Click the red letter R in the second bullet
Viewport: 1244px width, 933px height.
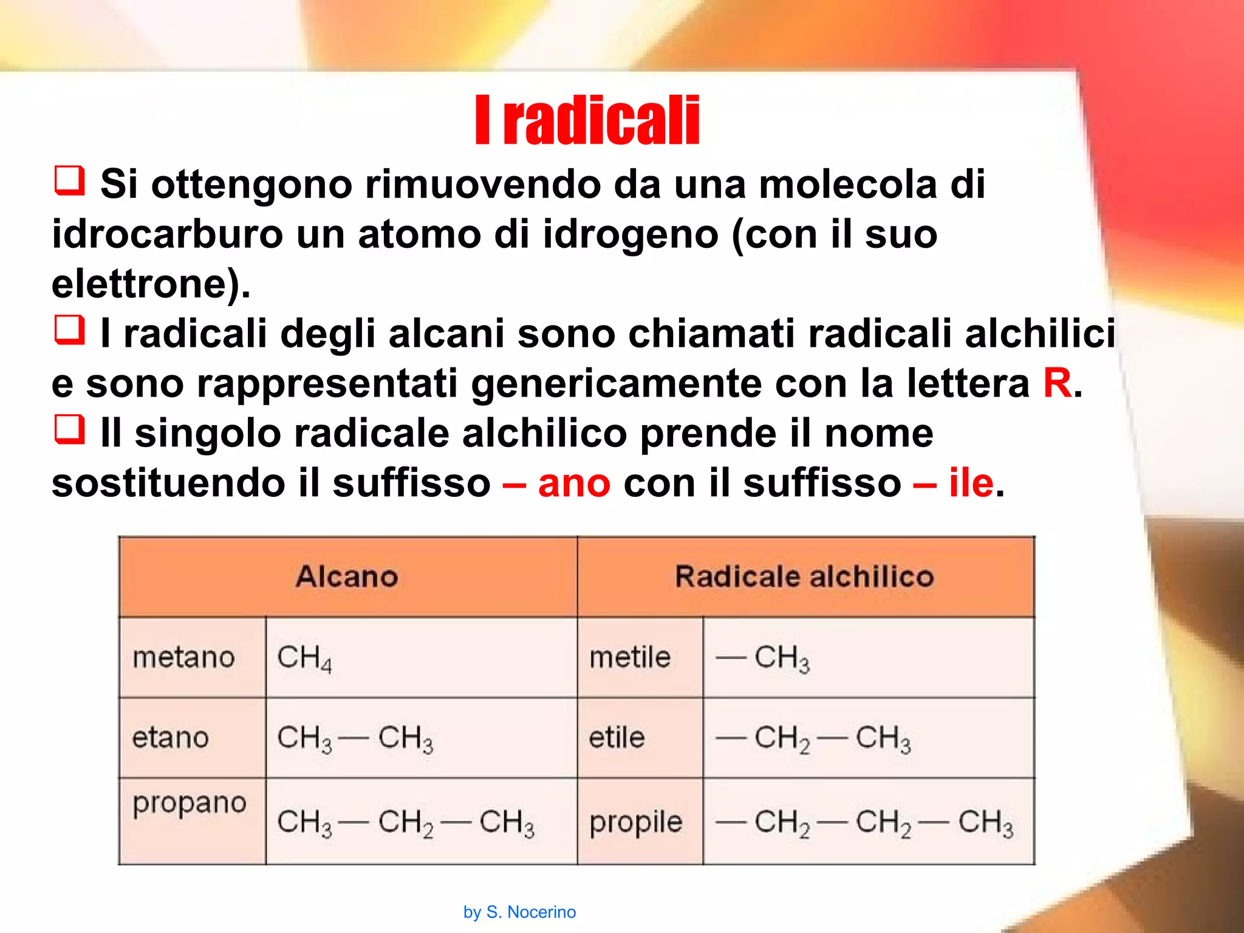[1058, 384]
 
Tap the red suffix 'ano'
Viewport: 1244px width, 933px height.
[574, 484]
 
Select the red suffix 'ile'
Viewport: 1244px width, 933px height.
[971, 484]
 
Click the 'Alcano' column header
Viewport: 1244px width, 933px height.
[347, 576]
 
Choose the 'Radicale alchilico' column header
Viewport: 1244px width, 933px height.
[805, 576]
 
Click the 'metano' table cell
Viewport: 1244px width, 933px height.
[184, 657]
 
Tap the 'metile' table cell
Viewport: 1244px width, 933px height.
[630, 657]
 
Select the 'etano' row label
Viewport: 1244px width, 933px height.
[171, 738]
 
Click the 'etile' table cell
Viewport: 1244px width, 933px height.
[617, 738]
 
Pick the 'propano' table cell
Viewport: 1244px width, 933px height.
[190, 804]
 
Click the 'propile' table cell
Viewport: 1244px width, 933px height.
[636, 823]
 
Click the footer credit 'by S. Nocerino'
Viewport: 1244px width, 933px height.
[519, 912]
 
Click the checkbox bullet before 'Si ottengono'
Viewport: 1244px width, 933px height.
[69, 180]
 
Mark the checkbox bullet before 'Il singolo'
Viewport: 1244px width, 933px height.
[69, 429]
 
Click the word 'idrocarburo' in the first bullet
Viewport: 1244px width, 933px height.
[167, 234]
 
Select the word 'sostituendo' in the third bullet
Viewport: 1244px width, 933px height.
[168, 484]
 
